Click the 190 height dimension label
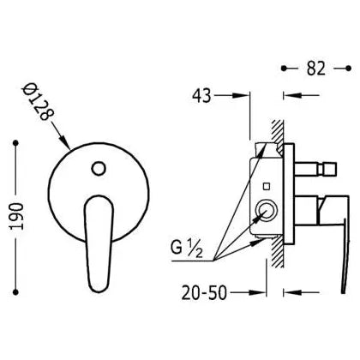pyautogui.click(x=16, y=216)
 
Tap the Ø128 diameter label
pyautogui.click(x=38, y=102)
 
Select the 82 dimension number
pyautogui.click(x=316, y=69)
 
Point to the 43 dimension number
pyautogui.click(x=201, y=96)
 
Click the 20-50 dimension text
pyautogui.click(x=204, y=293)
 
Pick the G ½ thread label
pyautogui.click(x=187, y=249)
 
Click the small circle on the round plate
pyautogui.click(x=99, y=168)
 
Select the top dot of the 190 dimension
pyautogui.click(x=16, y=143)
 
